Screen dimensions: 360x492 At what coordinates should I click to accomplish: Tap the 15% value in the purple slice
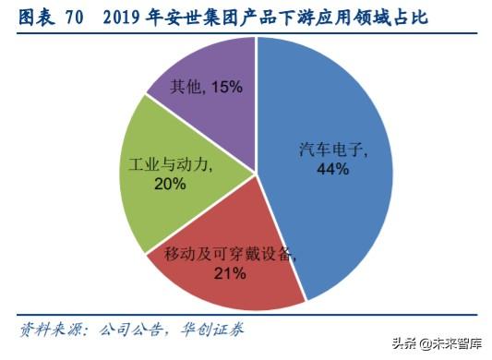226,87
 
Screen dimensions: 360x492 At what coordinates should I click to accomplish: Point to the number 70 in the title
78,17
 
